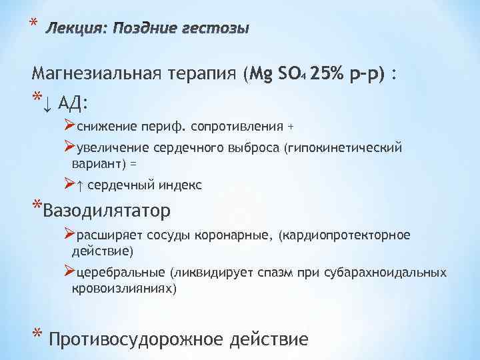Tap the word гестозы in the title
tap(217, 29)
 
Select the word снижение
tap(107, 126)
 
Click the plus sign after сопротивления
tap(290, 126)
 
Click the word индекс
tap(179, 184)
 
